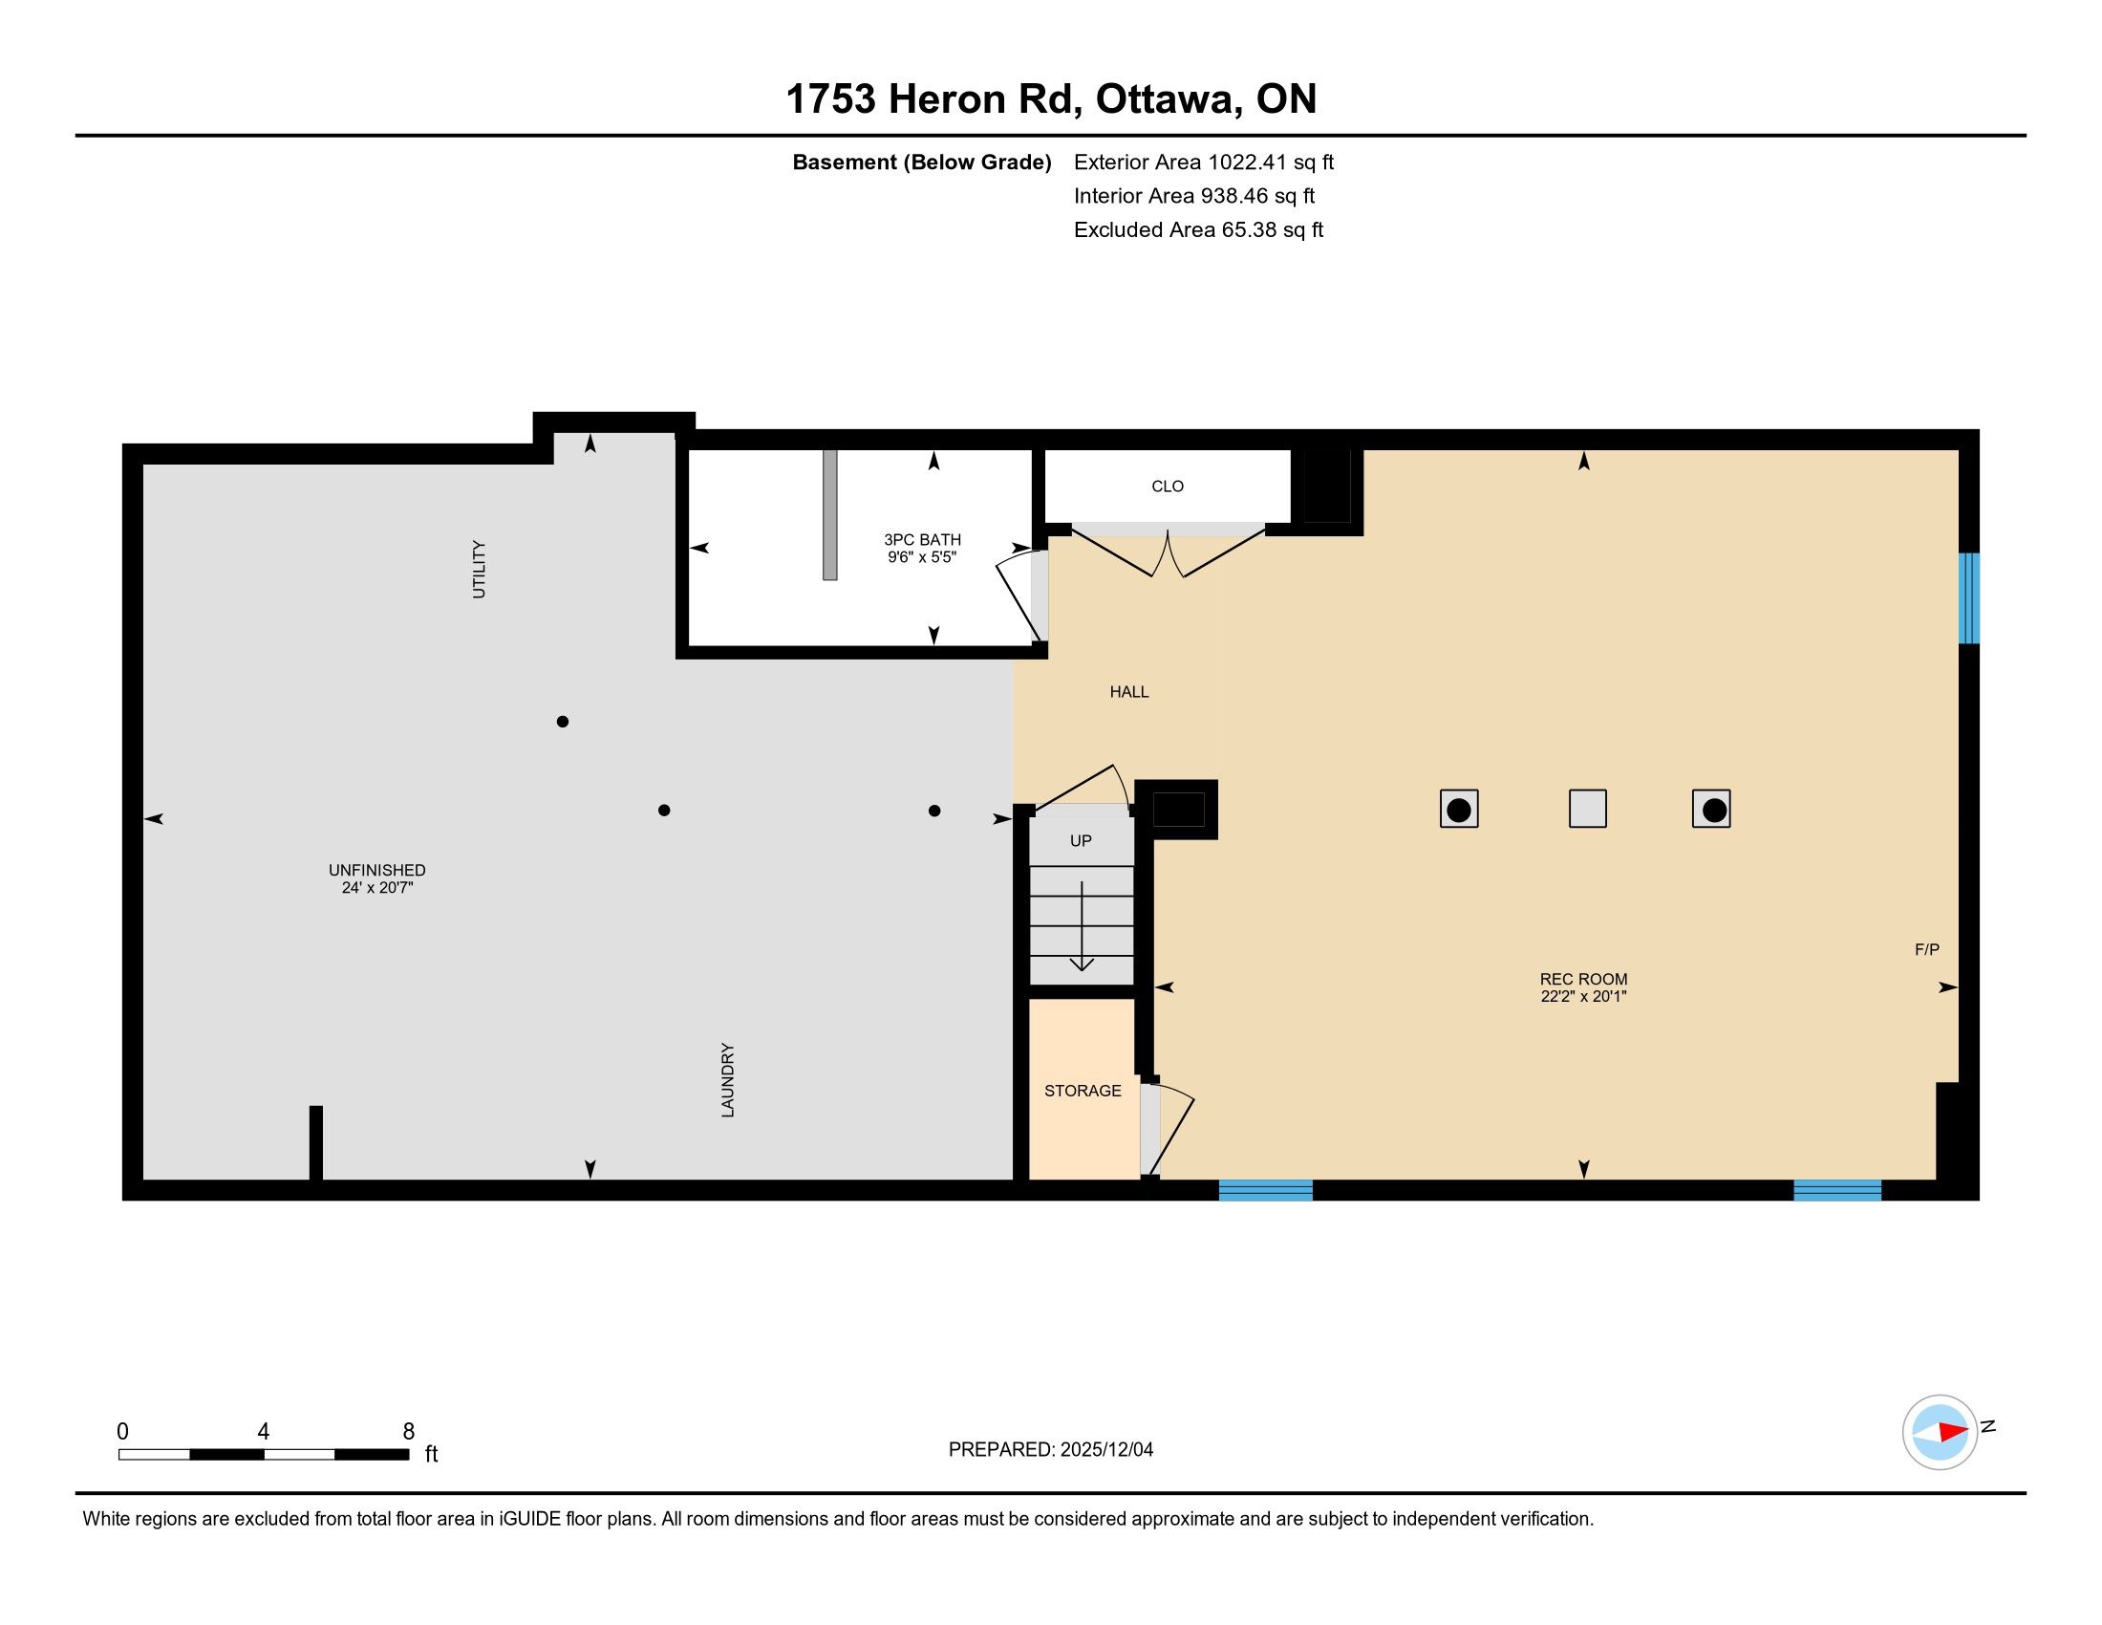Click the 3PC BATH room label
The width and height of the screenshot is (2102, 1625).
click(x=922, y=540)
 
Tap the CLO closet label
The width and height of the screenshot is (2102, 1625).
click(x=1168, y=487)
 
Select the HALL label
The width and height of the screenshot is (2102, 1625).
click(x=1129, y=691)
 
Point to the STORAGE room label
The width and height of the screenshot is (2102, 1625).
click(x=1083, y=1091)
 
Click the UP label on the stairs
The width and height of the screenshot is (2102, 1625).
click(x=1081, y=840)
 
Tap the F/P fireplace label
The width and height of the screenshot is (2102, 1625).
click(x=1927, y=949)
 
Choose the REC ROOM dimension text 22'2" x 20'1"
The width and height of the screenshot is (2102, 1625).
click(x=1583, y=996)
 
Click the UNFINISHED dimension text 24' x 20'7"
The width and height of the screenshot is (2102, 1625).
click(x=377, y=888)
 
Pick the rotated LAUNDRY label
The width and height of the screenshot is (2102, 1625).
click(x=728, y=1080)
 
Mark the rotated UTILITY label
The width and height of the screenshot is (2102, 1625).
click(x=479, y=570)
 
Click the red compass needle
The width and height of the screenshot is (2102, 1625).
click(x=1953, y=1432)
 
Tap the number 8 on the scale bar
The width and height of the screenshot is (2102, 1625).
click(x=408, y=1432)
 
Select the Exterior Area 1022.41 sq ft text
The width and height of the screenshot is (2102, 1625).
click(x=1204, y=162)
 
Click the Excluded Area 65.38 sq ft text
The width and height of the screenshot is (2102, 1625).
click(x=1198, y=229)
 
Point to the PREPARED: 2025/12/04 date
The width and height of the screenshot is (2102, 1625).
click(x=1051, y=1449)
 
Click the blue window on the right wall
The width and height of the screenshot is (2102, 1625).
click(x=1969, y=597)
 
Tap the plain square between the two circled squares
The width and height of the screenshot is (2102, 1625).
click(x=1588, y=809)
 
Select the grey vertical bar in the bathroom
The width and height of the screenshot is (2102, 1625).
click(x=829, y=515)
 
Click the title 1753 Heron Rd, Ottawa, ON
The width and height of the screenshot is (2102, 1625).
click(x=1051, y=99)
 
